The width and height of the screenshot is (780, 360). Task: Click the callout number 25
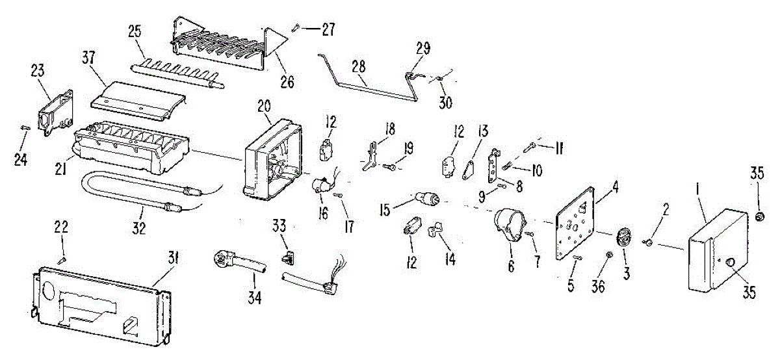pos(135,31)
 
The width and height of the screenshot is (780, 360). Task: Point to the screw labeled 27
pos(296,27)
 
